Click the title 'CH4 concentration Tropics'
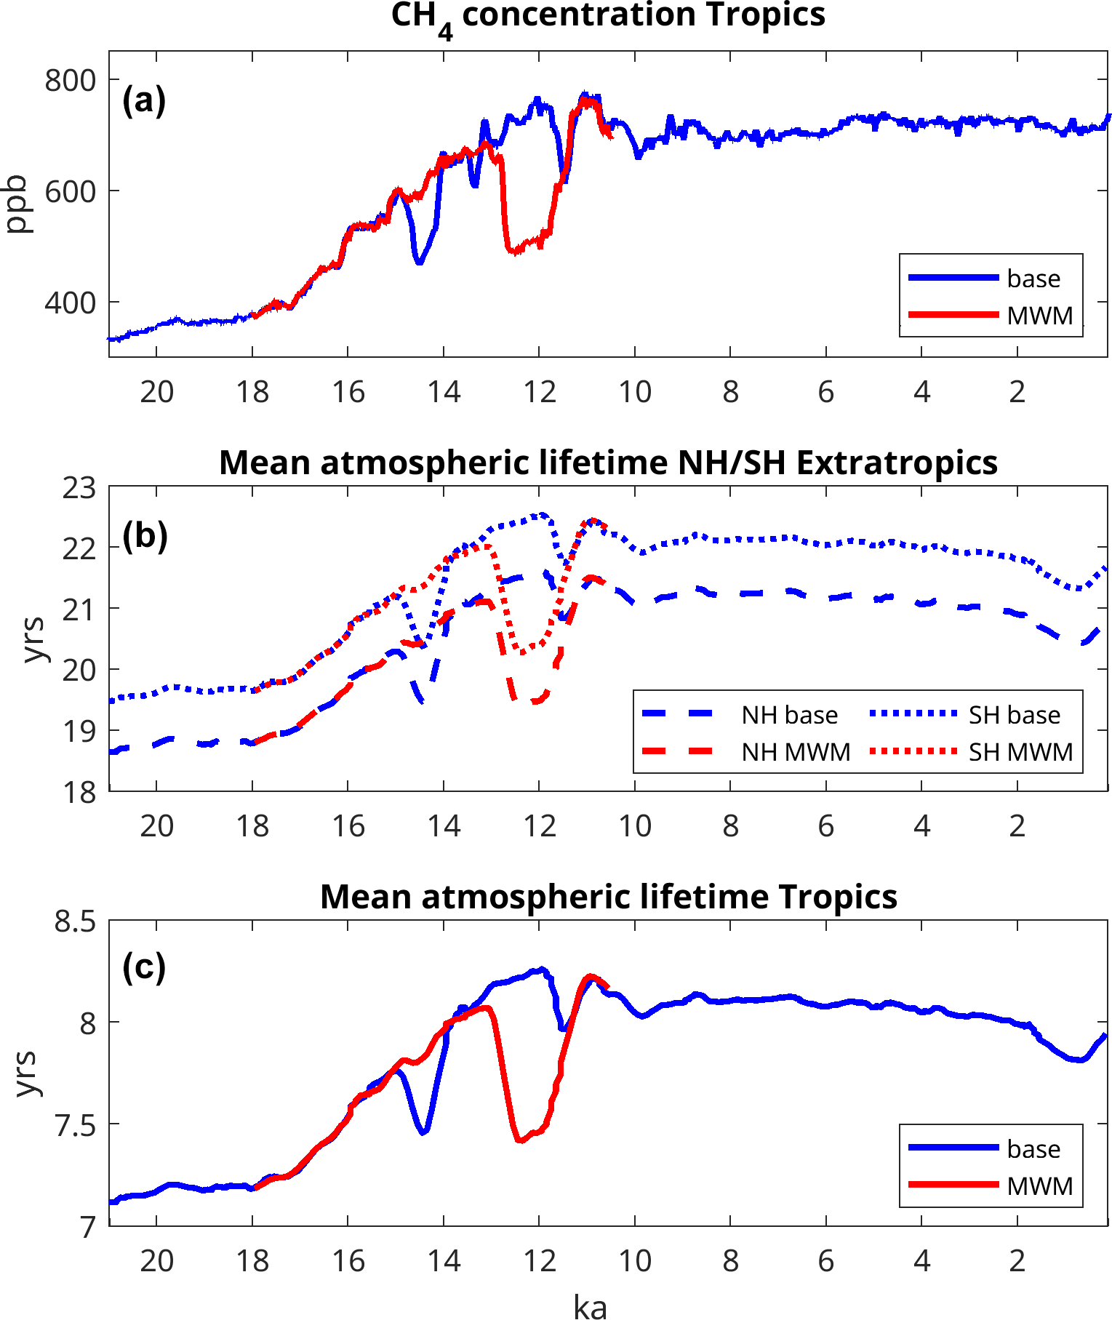click(x=608, y=16)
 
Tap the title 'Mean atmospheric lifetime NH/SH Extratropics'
click(x=608, y=463)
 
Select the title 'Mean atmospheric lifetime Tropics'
click(x=608, y=897)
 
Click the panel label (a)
click(x=144, y=100)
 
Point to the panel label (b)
click(x=145, y=537)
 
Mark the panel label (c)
click(x=144, y=968)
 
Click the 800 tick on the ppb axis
click(x=70, y=80)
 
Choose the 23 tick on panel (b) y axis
click(x=79, y=488)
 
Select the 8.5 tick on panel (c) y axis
click(x=75, y=922)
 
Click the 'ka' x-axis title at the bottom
click(x=590, y=1306)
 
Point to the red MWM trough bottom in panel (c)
click(x=520, y=1140)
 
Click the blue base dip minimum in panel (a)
click(x=419, y=262)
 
